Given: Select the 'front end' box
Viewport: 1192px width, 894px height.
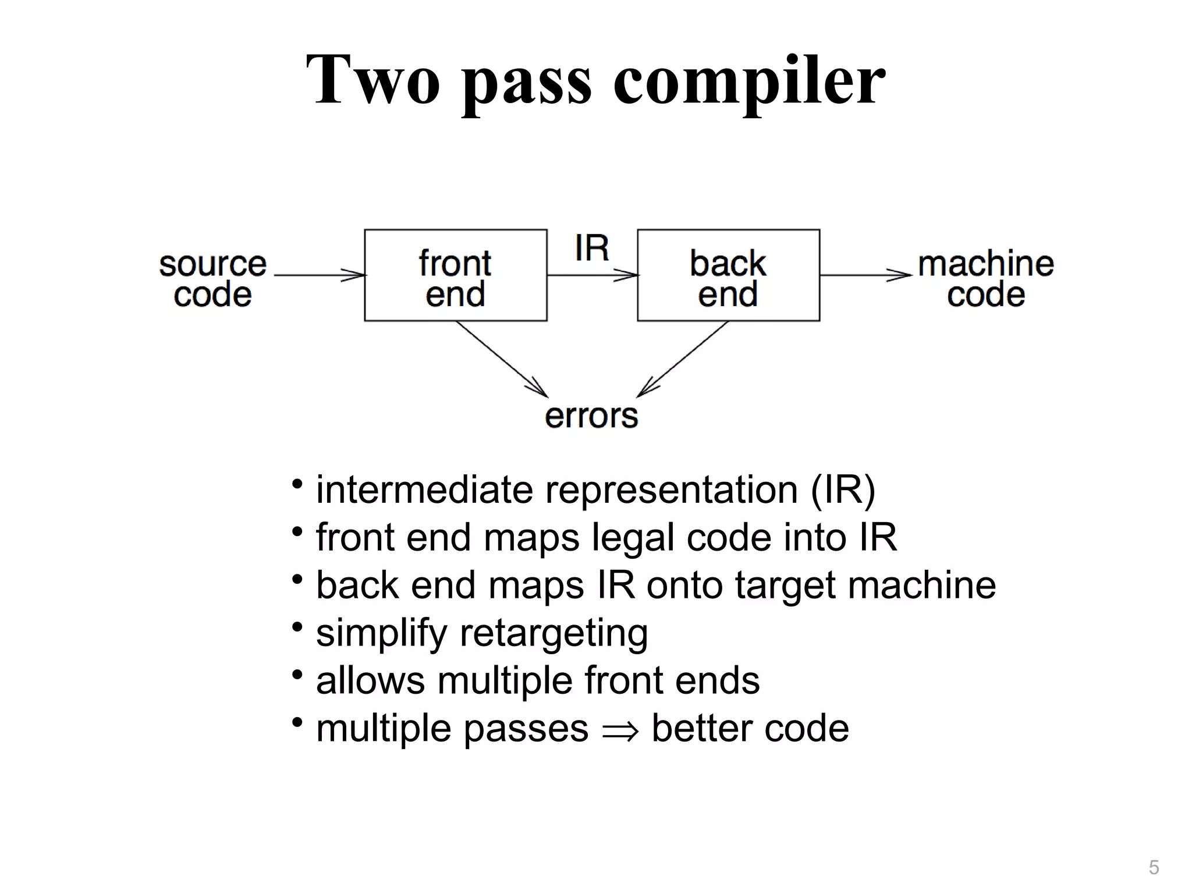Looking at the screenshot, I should pyautogui.click(x=455, y=275).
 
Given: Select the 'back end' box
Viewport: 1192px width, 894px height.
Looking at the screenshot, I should pyautogui.click(x=728, y=275).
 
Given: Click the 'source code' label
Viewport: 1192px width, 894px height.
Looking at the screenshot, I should pyautogui.click(x=212, y=279).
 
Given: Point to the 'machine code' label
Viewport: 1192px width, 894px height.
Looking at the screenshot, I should pyautogui.click(x=985, y=279).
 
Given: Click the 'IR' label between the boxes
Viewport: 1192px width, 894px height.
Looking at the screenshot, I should pyautogui.click(x=592, y=248).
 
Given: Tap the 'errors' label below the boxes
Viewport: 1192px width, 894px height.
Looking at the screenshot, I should pyautogui.click(x=591, y=416).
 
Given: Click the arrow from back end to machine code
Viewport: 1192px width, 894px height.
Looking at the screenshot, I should pyautogui.click(x=865, y=275).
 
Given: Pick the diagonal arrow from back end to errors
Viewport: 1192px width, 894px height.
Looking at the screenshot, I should pyautogui.click(x=684, y=358).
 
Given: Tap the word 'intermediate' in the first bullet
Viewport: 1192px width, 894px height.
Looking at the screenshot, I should pyautogui.click(x=424, y=489).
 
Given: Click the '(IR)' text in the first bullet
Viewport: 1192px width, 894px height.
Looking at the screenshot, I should pyautogui.click(x=843, y=489).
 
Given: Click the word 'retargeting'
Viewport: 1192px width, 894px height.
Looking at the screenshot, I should pyautogui.click(x=554, y=633).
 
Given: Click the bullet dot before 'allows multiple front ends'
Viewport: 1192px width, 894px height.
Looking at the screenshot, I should pyautogui.click(x=297, y=675).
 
